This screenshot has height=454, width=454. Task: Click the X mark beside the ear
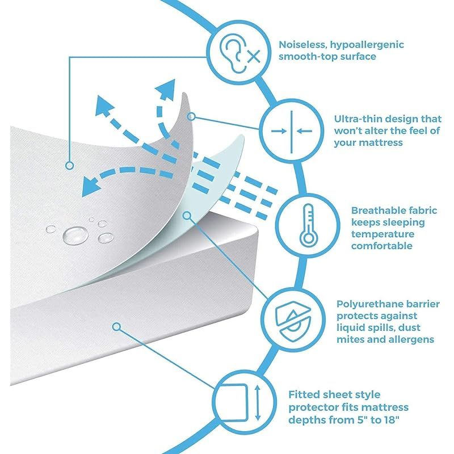(254, 56)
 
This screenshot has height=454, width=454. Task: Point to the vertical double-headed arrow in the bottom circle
(258, 402)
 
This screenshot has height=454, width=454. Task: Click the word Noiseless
(302, 45)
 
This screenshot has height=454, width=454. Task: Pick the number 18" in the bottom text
(391, 419)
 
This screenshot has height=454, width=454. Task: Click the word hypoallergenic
(367, 45)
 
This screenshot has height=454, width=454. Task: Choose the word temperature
(382, 234)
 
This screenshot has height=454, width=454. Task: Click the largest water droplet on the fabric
(75, 235)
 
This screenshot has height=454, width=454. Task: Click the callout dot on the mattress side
(116, 327)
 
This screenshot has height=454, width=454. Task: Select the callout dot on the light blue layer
(188, 215)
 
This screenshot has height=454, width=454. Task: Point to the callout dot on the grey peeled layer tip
(191, 116)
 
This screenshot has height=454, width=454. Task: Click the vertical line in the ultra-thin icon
(292, 132)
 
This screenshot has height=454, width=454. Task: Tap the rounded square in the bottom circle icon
(233, 403)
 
